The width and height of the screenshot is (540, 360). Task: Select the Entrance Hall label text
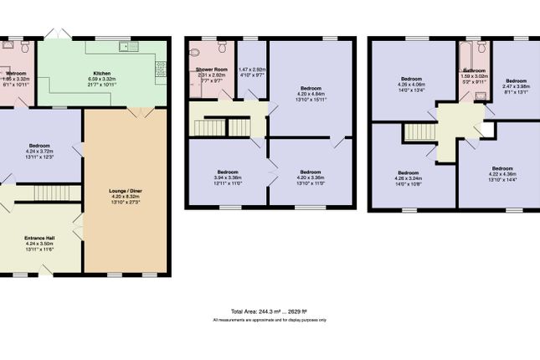click(x=40, y=239)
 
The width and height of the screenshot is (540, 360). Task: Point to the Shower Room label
click(x=211, y=69)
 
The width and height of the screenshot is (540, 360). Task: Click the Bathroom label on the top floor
click(x=475, y=70)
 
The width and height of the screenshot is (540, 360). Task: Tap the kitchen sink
click(x=128, y=46)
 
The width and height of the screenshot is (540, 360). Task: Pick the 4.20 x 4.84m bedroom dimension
click(x=311, y=94)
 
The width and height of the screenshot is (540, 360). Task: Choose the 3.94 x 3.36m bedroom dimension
click(x=228, y=177)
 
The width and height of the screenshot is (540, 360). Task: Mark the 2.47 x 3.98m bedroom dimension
click(x=517, y=86)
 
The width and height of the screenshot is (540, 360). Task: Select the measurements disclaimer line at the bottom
click(x=269, y=320)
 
